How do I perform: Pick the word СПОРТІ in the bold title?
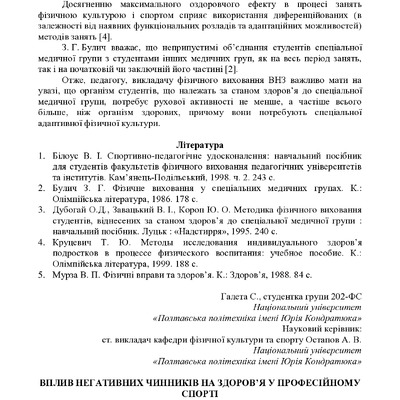[x=199, y=395]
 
